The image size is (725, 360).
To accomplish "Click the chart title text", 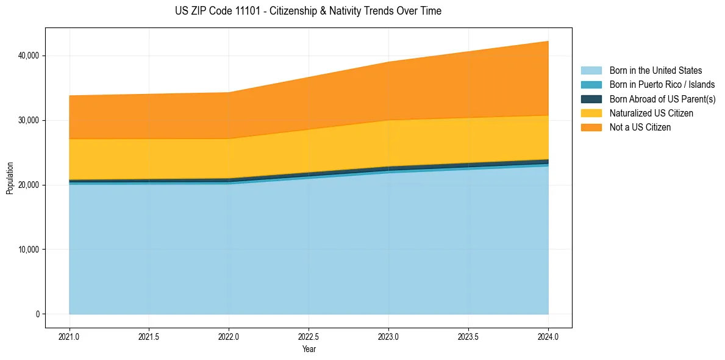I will tap(308, 11).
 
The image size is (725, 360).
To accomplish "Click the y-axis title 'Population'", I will tap(10, 178).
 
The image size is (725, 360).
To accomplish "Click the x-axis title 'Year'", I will tap(309, 349).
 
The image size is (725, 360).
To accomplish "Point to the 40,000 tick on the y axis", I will tap(28, 56).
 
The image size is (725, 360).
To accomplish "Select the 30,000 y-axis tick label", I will tap(28, 121).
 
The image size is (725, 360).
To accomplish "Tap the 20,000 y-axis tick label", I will tap(28, 185).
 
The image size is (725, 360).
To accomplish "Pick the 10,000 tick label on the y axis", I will tap(28, 250).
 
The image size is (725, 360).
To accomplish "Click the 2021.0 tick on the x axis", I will tap(70, 336).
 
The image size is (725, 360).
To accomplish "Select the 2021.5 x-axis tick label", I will tap(149, 336).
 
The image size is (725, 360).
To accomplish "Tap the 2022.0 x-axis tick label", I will tap(229, 336).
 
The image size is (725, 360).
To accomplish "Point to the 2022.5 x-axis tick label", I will tap(309, 336).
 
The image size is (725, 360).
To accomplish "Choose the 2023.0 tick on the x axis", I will tap(388, 336).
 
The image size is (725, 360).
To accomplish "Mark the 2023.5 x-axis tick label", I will tap(468, 336).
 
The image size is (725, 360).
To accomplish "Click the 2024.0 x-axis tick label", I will tap(548, 336).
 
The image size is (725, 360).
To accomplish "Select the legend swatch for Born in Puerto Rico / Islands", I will tap(591, 85).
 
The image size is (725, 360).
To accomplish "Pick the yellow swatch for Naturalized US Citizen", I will tap(591, 113).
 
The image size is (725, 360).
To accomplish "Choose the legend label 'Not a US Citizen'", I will tap(640, 128).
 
